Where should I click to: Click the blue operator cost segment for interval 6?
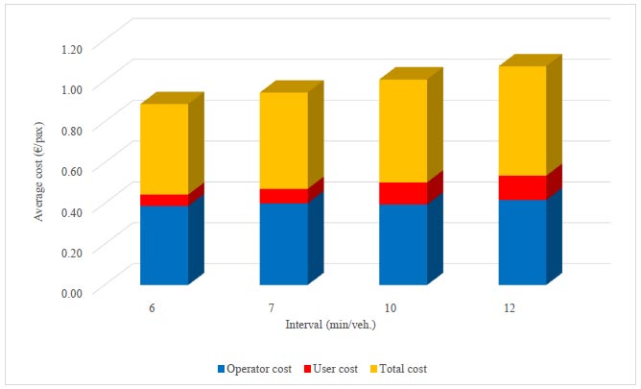click(164, 245)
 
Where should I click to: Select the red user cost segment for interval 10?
click(403, 193)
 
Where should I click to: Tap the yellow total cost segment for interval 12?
click(522, 121)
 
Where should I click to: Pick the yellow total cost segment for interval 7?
click(283, 140)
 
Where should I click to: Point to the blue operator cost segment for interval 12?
click(522, 241)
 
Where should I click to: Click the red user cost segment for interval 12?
click(522, 187)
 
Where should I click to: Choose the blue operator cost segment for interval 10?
click(403, 244)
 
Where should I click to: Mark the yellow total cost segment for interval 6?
click(164, 149)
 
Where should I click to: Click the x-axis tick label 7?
click(272, 308)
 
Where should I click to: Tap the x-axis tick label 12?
click(510, 308)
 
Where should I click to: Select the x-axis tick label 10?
click(392, 308)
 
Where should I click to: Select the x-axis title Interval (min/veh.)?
click(330, 325)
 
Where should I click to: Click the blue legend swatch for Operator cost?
click(223, 369)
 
